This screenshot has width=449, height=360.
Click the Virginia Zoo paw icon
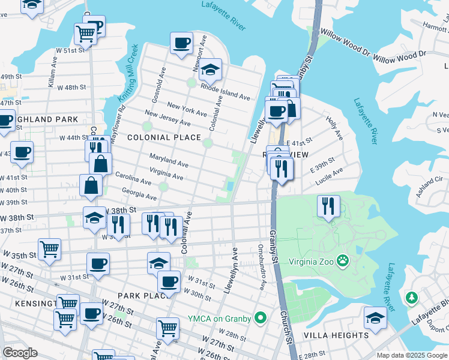coord(343,260)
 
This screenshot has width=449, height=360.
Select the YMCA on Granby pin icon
coord(260,317)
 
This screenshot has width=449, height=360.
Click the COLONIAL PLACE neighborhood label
coord(164,137)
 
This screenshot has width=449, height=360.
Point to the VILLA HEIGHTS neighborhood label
coord(336,335)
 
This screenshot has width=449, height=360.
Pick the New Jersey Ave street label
coord(167,119)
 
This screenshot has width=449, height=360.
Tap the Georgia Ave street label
coord(139,193)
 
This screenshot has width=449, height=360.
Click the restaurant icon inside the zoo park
coord(328,206)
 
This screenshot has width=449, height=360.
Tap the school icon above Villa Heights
coord(375,317)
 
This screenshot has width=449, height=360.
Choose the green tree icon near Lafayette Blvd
coord(411,298)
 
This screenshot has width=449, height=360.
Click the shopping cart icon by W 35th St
coord(49,248)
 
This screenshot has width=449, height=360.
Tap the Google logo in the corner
coord(20,353)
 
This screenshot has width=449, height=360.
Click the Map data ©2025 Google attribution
coord(412,355)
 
